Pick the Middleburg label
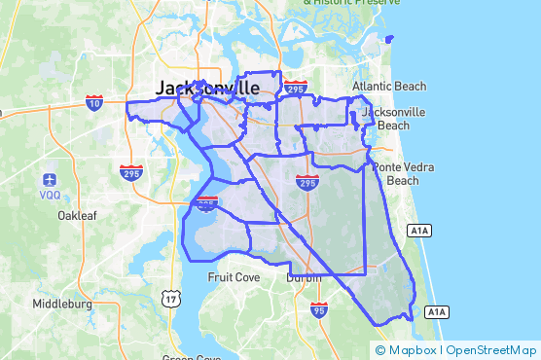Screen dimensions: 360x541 coord(61,304)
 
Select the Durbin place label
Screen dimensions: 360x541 coord(304,277)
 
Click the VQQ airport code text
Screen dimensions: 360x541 coord(50,194)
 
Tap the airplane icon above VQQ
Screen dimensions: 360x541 coord(50,179)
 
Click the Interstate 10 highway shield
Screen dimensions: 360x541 coord(94,102)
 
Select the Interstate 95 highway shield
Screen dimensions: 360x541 coord(320,310)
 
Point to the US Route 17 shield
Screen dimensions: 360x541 coord(171,298)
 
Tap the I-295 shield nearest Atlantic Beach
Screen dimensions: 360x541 coord(296,89)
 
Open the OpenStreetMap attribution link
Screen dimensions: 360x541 coord(492,350)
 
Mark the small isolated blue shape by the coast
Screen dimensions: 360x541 coord(390,39)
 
